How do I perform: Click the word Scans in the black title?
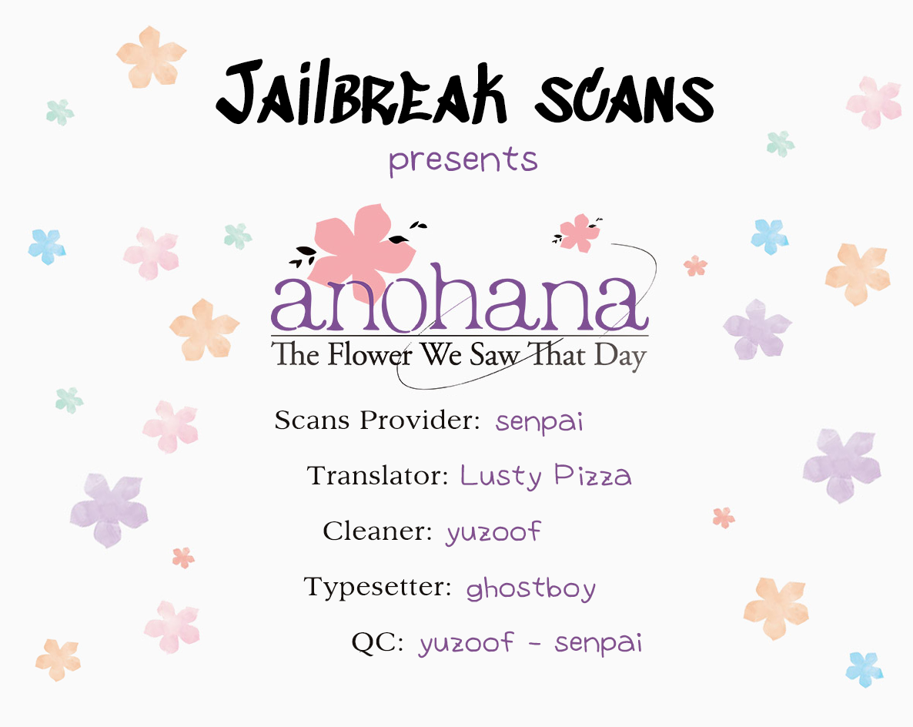tap(624, 97)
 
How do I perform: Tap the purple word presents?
tap(463, 160)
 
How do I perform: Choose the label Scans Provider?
tap(377, 420)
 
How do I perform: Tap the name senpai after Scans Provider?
tap(539, 422)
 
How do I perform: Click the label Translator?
tap(377, 475)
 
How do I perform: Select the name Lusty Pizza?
tap(546, 477)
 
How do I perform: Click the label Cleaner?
tap(377, 531)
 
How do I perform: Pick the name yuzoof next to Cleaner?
tap(493, 532)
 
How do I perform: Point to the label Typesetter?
tap(377, 587)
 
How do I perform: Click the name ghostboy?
tap(531, 588)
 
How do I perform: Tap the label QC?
tap(377, 642)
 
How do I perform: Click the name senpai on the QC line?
tap(598, 643)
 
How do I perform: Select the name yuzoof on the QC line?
tap(467, 643)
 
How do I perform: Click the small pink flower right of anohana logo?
tap(580, 233)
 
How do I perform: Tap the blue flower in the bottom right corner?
tap(865, 669)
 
